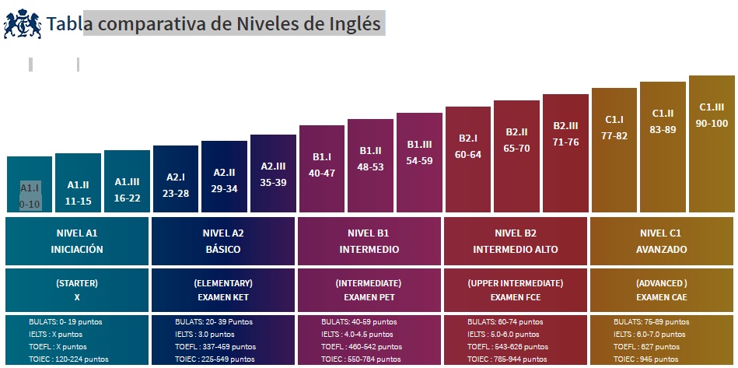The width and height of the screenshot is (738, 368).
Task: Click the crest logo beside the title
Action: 23,23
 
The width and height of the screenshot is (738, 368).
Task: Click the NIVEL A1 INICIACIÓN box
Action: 76,241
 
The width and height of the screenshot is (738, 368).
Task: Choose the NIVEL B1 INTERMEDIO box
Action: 369,241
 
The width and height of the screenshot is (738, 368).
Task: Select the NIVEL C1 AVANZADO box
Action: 661,241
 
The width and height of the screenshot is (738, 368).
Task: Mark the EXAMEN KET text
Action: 224,297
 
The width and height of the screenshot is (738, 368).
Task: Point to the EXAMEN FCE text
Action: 516,297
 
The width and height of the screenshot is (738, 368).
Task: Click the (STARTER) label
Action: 76,283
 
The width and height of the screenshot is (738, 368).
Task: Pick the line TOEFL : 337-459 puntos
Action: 215,346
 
